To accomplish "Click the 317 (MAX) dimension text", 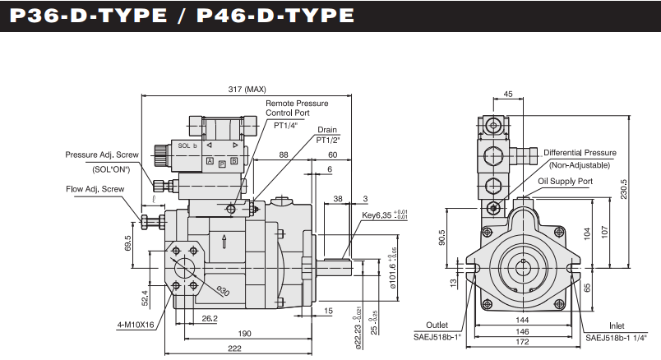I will pyautogui.click(x=246, y=89).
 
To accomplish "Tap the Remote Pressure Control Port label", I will pyautogui.click(x=296, y=108).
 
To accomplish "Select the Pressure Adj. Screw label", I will pyautogui.click(x=103, y=155).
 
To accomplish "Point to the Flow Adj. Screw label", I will pyautogui.click(x=95, y=188).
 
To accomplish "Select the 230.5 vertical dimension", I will pyautogui.click(x=626, y=190).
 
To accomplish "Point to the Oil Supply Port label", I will pyautogui.click(x=565, y=180).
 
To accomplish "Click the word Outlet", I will pyautogui.click(x=437, y=324).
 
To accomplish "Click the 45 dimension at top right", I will pyautogui.click(x=507, y=95).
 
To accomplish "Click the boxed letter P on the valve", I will pyautogui.click(x=222, y=163).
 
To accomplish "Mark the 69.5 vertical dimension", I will pyautogui.click(x=128, y=246).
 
